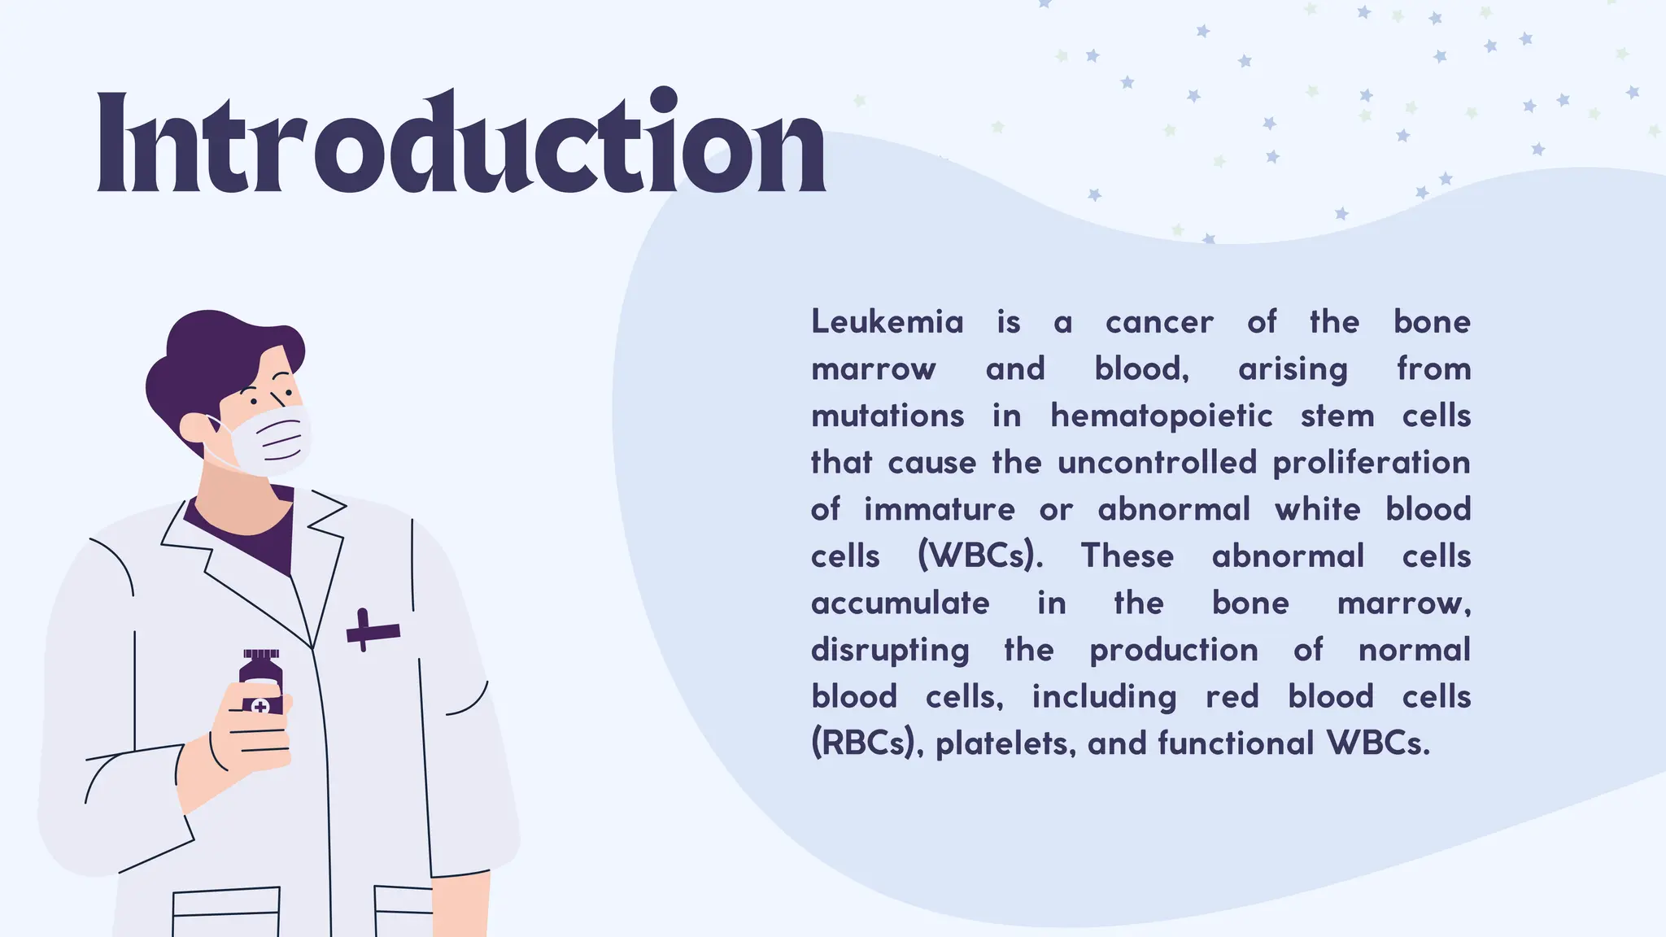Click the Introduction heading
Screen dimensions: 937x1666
tap(460, 142)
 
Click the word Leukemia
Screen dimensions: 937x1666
tap(888, 322)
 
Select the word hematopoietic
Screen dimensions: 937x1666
tap(1161, 416)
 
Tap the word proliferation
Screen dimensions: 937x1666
tap(1371, 463)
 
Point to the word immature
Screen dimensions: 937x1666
tap(939, 510)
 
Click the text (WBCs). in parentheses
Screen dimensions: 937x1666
tap(979, 556)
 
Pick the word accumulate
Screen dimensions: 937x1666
tap(900, 604)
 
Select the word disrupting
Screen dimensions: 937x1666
tap(890, 651)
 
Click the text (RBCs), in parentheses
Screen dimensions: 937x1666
tap(867, 743)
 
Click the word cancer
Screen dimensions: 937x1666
tap(1159, 322)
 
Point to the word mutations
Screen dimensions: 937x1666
tap(888, 416)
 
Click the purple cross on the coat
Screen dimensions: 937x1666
tap(372, 630)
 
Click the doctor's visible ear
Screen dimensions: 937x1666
tap(195, 428)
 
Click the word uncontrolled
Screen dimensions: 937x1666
tap(1157, 463)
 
